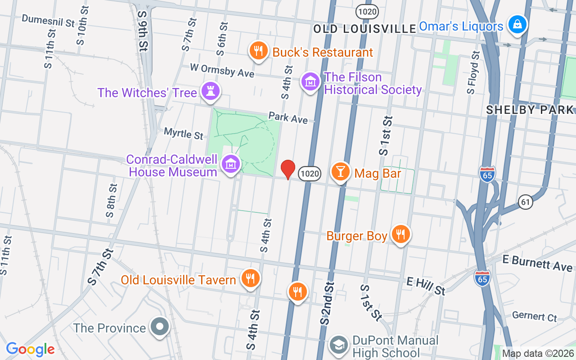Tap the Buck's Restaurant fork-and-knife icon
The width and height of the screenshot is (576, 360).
[x=258, y=51]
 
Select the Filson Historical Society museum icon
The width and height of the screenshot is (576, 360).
[x=310, y=82]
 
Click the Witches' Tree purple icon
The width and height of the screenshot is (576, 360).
[x=210, y=91]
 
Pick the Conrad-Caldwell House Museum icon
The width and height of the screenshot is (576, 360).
[x=231, y=165]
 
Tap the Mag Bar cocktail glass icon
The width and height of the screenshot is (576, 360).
[x=341, y=172]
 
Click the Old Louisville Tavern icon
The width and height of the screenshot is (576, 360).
[x=249, y=279]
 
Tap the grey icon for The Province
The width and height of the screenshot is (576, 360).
[x=160, y=327]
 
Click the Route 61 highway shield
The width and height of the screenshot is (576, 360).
[x=525, y=202]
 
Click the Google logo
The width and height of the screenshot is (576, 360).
[x=31, y=349]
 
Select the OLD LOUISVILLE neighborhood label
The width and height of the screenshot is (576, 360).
[x=364, y=29]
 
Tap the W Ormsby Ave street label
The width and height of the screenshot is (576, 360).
[x=222, y=70]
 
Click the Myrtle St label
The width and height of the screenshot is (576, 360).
[x=184, y=134]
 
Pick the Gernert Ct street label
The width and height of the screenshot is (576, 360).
[x=535, y=316]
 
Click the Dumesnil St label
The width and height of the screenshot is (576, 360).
[x=48, y=20]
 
